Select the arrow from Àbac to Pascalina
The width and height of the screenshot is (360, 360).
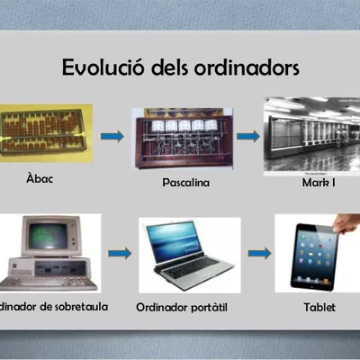[x=112, y=137]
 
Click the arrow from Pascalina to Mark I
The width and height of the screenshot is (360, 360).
[x=249, y=137]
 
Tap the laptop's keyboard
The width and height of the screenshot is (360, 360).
[x=193, y=267]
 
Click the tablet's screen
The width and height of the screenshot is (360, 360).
[x=316, y=256]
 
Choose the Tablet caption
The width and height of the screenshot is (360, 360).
[x=319, y=308]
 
